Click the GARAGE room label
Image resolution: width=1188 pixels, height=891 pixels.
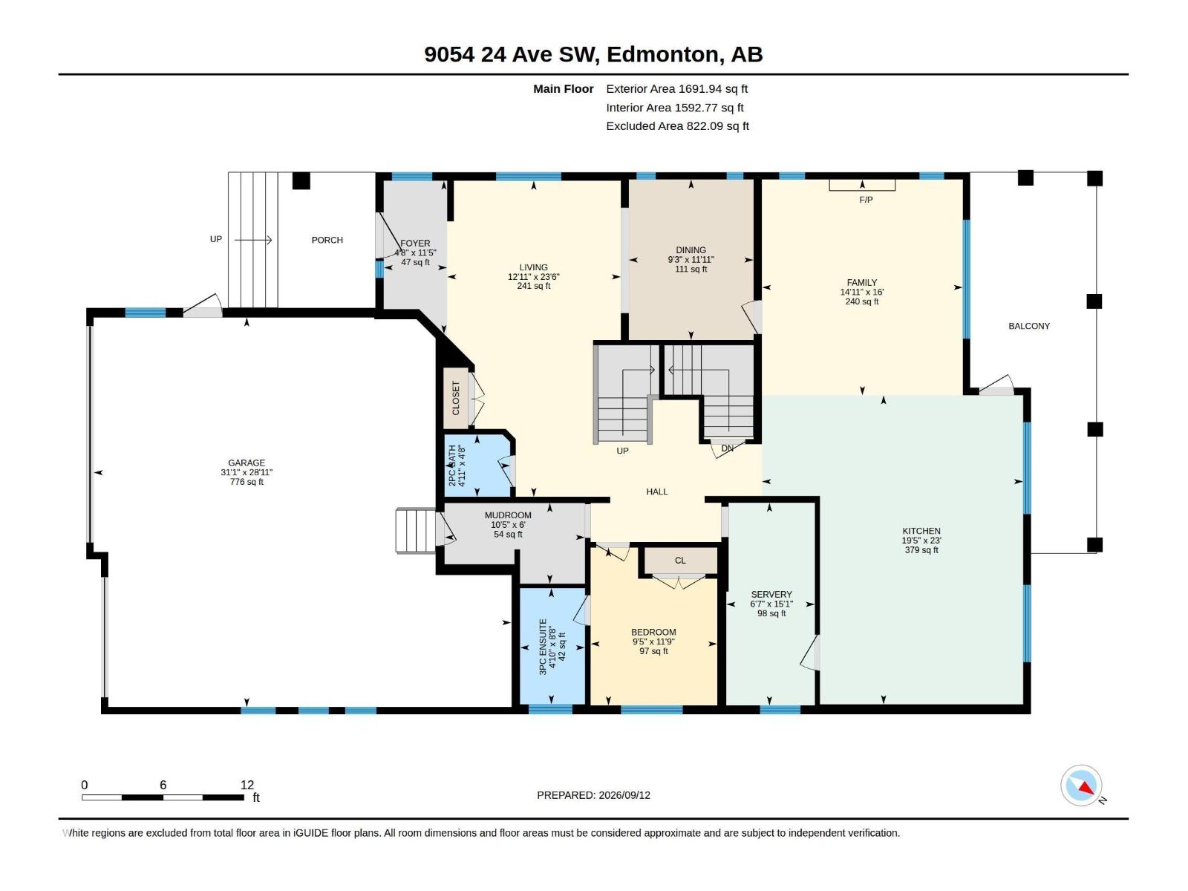point(247,463)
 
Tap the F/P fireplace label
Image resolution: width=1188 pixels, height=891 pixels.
point(866,200)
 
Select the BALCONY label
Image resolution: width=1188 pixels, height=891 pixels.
point(1029,326)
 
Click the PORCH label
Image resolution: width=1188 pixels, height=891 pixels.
point(327,240)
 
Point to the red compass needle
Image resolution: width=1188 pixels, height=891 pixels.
point(1086,789)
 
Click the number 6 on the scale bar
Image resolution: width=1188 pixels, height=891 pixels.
point(163,785)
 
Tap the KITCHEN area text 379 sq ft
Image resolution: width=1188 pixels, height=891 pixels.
point(921,550)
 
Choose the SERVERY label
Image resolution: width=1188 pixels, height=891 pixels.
point(771,595)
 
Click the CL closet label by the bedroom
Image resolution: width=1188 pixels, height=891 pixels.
point(680,561)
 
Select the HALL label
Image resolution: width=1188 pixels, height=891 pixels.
point(657,492)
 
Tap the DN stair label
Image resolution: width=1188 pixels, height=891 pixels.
point(728,448)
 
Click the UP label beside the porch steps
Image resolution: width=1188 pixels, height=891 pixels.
point(216,239)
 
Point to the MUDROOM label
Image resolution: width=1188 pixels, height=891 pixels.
point(508,515)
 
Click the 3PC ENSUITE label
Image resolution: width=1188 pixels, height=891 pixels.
point(543,647)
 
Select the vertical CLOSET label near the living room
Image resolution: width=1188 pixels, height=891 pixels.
point(456,399)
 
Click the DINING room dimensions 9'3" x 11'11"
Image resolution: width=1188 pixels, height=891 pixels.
point(691,260)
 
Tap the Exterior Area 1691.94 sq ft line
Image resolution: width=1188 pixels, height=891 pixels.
point(676,89)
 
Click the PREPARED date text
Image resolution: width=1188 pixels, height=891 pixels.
point(594,795)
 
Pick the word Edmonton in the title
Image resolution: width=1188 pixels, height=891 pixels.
point(664,55)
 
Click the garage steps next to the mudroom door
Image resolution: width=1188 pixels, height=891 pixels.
point(415,531)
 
